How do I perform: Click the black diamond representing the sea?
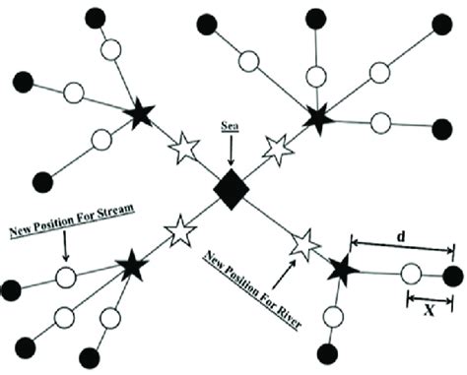coord(232,189)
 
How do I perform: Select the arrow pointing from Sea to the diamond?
coord(232,151)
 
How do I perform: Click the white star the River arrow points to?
coord(305,239)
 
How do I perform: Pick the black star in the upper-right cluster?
coord(317,118)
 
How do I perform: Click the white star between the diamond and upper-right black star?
coord(276,148)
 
